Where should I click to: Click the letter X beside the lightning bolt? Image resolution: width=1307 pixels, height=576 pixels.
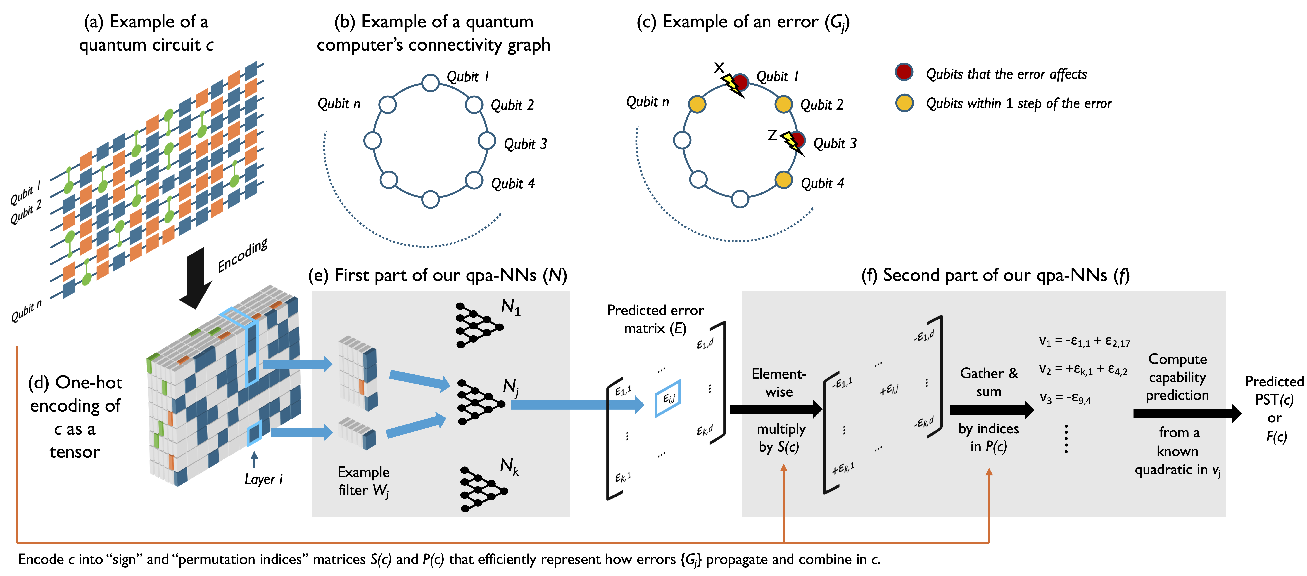tap(719, 67)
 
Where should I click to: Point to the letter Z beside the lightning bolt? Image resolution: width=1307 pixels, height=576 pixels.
tap(772, 135)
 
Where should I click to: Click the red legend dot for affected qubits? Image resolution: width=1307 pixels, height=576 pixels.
tap(904, 72)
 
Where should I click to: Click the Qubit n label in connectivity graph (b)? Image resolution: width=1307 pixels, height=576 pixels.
tap(339, 104)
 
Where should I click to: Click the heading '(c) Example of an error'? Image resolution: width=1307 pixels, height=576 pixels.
tap(742, 22)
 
